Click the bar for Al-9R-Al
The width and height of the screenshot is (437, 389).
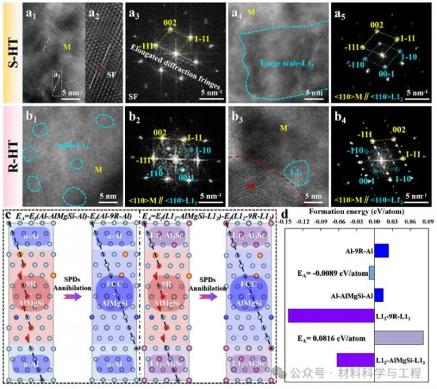click(x=381, y=250)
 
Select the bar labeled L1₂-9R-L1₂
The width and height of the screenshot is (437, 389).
click(x=330, y=315)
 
